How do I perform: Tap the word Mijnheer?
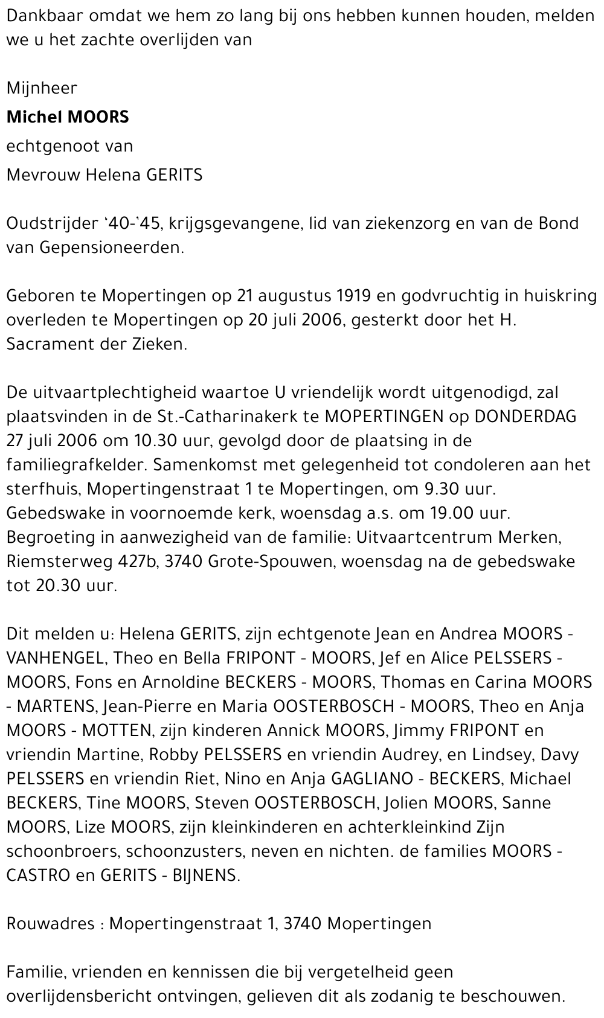[x=42, y=89]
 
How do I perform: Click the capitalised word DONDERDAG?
[x=525, y=417]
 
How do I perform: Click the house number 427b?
[x=138, y=562]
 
